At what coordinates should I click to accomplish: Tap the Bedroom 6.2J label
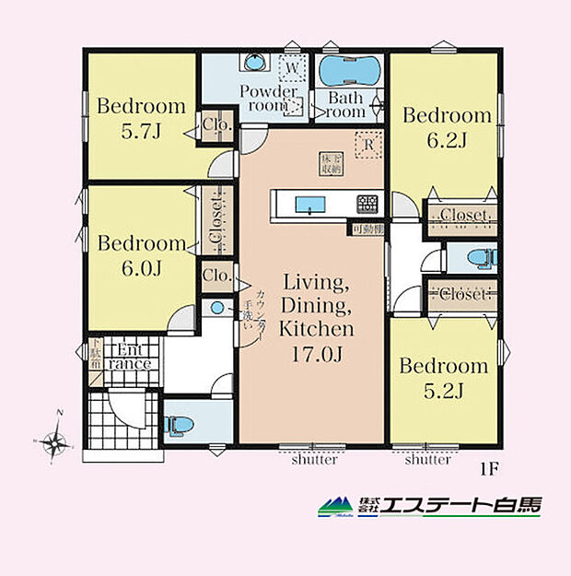tap(447, 127)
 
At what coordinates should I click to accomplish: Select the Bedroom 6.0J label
tap(142, 255)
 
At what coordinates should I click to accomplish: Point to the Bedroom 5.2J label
tap(443, 378)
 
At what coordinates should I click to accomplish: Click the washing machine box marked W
tap(291, 67)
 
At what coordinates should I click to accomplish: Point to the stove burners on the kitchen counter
tap(368, 203)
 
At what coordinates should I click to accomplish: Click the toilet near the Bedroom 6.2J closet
tap(475, 257)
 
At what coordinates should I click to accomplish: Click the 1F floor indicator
tap(487, 467)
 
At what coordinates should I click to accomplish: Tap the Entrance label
tap(128, 357)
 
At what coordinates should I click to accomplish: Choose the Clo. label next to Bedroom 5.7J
tap(216, 125)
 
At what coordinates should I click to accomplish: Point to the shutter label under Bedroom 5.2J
tap(427, 460)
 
